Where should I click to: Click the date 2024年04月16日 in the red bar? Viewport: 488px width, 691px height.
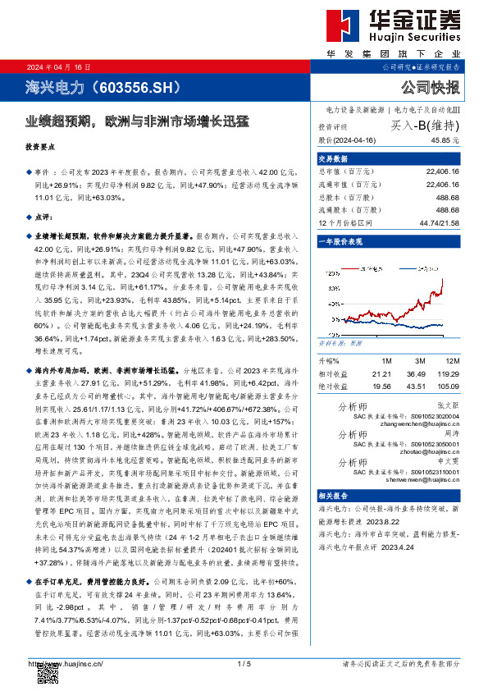pos(58,66)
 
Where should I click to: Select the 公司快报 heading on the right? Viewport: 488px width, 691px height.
pos(431,87)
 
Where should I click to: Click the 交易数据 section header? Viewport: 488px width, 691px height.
pos(335,158)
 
